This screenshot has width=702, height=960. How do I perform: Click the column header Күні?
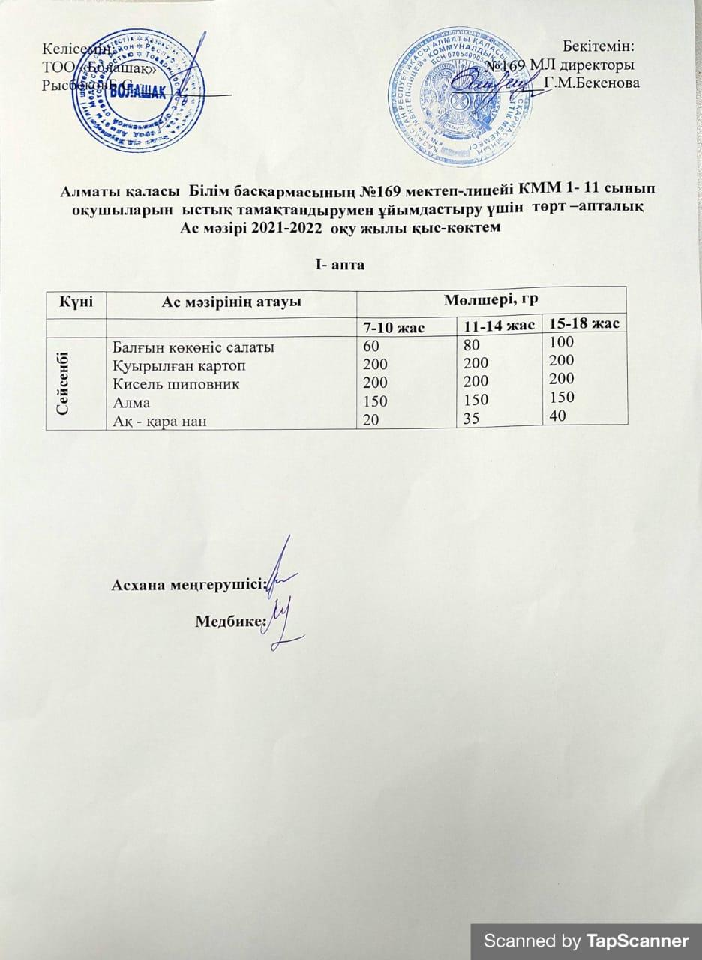point(76,301)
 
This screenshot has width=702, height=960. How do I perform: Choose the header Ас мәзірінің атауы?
point(232,301)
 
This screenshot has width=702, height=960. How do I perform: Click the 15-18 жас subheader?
point(583,324)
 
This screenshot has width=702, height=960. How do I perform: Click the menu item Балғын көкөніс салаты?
point(193,347)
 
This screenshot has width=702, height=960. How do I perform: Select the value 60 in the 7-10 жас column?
point(372,347)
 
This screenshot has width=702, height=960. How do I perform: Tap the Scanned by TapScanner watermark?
point(586,940)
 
